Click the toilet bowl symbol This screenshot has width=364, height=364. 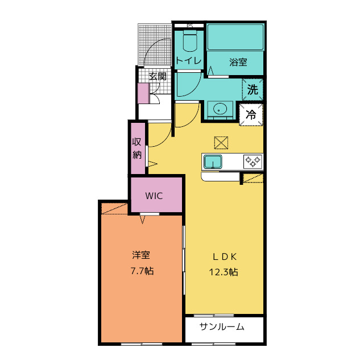pos(190,41)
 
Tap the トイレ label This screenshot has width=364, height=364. pos(188,61)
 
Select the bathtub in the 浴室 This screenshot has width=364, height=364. pos(235,37)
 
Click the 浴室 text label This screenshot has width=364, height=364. pos(238,62)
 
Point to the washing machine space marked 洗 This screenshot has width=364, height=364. pos(253,90)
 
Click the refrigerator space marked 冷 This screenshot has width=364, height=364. pos(251,115)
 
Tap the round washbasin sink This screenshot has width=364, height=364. pos(220,109)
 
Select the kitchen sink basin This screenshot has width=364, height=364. pos(213,162)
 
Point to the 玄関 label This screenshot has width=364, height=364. pos(158,76)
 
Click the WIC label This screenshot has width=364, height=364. pos(154,196)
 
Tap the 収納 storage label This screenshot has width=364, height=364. pos(136,148)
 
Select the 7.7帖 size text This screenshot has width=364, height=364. pos(142,271)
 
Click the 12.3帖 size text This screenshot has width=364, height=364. pos(224,272)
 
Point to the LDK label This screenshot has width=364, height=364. pos(225,257)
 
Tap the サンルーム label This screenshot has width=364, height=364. pos(222,327)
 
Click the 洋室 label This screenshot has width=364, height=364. pos(141,255)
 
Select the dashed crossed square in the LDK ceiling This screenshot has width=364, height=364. pos(221,143)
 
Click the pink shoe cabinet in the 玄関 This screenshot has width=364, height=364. pos(143,93)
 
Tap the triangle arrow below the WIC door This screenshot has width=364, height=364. pos(143,220)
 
